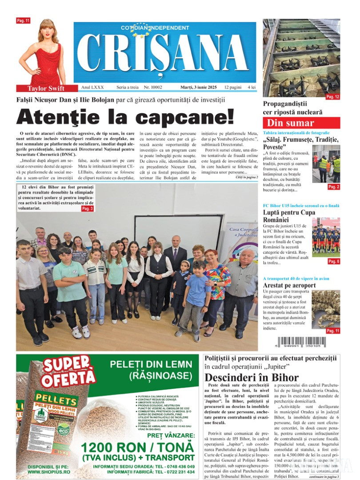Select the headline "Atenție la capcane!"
pyautogui.click(x=125, y=117)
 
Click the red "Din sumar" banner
pyautogui.click(x=301, y=123)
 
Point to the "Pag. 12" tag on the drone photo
pyautogui.click(x=332, y=96)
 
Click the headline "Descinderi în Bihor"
pyautogui.click(x=252, y=378)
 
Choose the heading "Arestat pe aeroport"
pyautogui.click(x=289, y=285)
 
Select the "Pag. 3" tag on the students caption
pyautogui.click(x=87, y=208)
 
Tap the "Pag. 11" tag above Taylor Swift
pyautogui.click(x=23, y=20)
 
